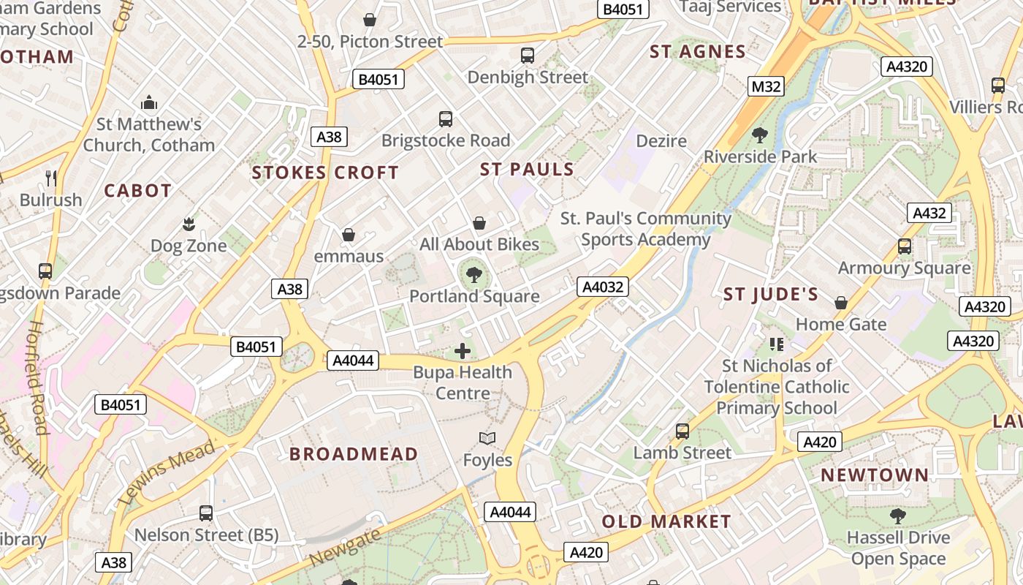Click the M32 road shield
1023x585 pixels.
[766, 87]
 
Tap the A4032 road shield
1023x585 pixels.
[602, 287]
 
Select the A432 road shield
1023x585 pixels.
[929, 214]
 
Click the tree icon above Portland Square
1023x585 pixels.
[474, 275]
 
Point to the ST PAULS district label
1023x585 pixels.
[527, 170]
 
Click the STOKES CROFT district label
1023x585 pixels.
[325, 173]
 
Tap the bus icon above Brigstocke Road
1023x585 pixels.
[446, 118]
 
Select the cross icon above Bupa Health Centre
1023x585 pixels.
[463, 351]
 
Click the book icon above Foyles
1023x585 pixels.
[487, 439]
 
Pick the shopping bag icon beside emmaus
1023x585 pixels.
[349, 235]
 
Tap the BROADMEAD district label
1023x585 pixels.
[354, 454]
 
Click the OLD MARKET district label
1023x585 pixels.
[666, 521]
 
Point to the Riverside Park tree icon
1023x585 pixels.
[760, 135]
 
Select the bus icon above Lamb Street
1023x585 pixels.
[682, 431]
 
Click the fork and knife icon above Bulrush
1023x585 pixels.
[51, 178]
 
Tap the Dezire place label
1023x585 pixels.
[661, 140]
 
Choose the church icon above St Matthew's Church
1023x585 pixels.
[149, 102]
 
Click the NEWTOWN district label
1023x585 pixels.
[875, 475]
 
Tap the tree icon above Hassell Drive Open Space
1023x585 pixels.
[898, 516]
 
